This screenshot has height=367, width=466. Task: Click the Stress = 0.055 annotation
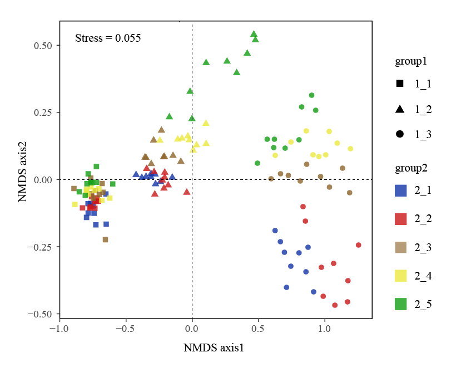108,38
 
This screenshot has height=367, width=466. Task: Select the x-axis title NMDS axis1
214,348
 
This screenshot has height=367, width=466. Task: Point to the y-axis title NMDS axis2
23,169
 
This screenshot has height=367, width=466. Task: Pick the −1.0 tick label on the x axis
60,329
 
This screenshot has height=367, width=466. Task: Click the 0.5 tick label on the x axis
258,329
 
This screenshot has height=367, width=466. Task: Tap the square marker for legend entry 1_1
400,84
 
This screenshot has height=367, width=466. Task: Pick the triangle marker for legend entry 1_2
400,109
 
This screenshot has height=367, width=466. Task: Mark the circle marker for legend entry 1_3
400,134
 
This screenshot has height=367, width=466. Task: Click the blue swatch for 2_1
400,190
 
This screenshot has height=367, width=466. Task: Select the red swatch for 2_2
400,219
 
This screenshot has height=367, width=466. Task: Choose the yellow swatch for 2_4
400,276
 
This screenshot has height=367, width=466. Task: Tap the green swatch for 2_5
400,304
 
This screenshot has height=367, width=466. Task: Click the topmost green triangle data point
254,34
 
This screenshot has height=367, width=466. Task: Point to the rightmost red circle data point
359,245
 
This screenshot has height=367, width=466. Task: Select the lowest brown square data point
105,239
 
